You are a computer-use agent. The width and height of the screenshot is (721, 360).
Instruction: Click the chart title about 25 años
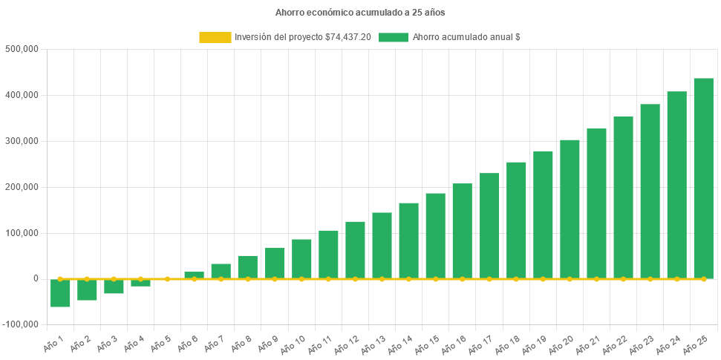tap(360, 13)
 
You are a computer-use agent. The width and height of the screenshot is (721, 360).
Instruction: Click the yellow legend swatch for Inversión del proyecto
tap(215, 37)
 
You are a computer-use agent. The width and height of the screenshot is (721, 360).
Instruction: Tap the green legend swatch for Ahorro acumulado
tap(393, 37)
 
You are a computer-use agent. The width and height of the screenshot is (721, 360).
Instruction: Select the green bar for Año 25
tap(703, 178)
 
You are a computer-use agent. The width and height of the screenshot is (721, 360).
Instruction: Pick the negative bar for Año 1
tap(60, 292)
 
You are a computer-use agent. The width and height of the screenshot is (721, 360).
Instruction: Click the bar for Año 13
tap(382, 245)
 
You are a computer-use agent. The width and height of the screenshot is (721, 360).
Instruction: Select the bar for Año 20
tap(570, 209)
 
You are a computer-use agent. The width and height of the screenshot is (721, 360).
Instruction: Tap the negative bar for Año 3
tap(114, 287)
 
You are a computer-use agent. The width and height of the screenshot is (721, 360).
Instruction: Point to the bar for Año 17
tap(489, 226)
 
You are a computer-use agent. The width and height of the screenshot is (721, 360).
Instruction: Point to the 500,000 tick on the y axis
tap(22, 49)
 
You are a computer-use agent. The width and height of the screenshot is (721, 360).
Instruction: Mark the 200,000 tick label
tap(22, 187)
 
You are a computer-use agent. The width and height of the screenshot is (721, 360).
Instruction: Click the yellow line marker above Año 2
tap(87, 278)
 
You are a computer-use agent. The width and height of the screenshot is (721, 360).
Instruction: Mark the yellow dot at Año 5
tap(167, 279)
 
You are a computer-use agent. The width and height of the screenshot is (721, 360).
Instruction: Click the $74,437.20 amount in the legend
tap(348, 37)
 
